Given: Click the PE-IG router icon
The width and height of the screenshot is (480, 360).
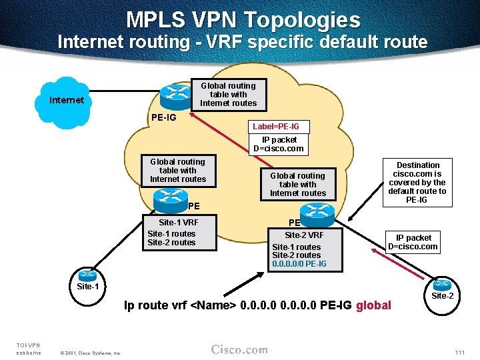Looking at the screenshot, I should coord(179,97).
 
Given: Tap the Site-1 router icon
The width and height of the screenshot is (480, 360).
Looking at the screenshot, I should coord(87,275).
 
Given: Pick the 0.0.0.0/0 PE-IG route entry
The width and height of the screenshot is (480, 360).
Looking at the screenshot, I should coord(299,264).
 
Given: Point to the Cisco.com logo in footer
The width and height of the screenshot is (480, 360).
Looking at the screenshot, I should coord(239,350).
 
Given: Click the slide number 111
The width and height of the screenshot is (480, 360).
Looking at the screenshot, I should coord(459,351).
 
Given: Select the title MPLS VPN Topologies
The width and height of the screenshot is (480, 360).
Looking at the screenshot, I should coord(243,19).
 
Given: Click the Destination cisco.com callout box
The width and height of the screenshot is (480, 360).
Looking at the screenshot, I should coord(418,183).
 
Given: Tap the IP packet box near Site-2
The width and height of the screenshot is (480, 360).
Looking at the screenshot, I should coord(413,242).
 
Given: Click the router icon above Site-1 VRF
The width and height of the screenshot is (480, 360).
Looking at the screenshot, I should coord(170,199).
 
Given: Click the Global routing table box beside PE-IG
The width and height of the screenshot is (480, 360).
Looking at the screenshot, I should coord(228,95).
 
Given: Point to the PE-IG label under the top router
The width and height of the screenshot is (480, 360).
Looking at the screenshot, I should coord(163,118).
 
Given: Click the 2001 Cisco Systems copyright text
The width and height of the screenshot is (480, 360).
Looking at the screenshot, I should coord(90,353).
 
